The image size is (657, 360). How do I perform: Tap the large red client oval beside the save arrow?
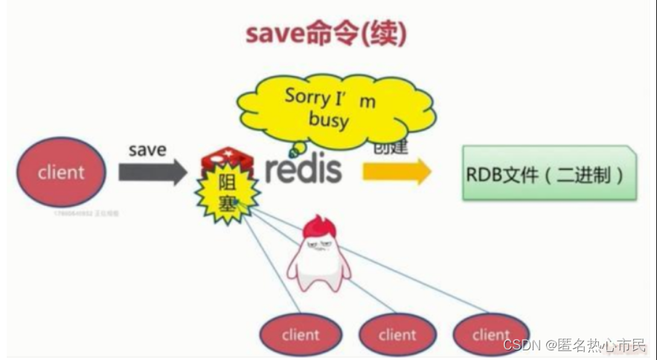[61, 172]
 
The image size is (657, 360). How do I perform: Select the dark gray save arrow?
[153, 173]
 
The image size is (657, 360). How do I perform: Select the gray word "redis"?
[303, 170]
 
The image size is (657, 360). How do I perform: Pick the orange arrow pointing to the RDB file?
[397, 172]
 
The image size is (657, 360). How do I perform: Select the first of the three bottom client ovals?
[300, 335]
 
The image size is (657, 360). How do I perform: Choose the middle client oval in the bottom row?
[397, 335]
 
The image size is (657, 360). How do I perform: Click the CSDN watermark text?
[574, 345]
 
